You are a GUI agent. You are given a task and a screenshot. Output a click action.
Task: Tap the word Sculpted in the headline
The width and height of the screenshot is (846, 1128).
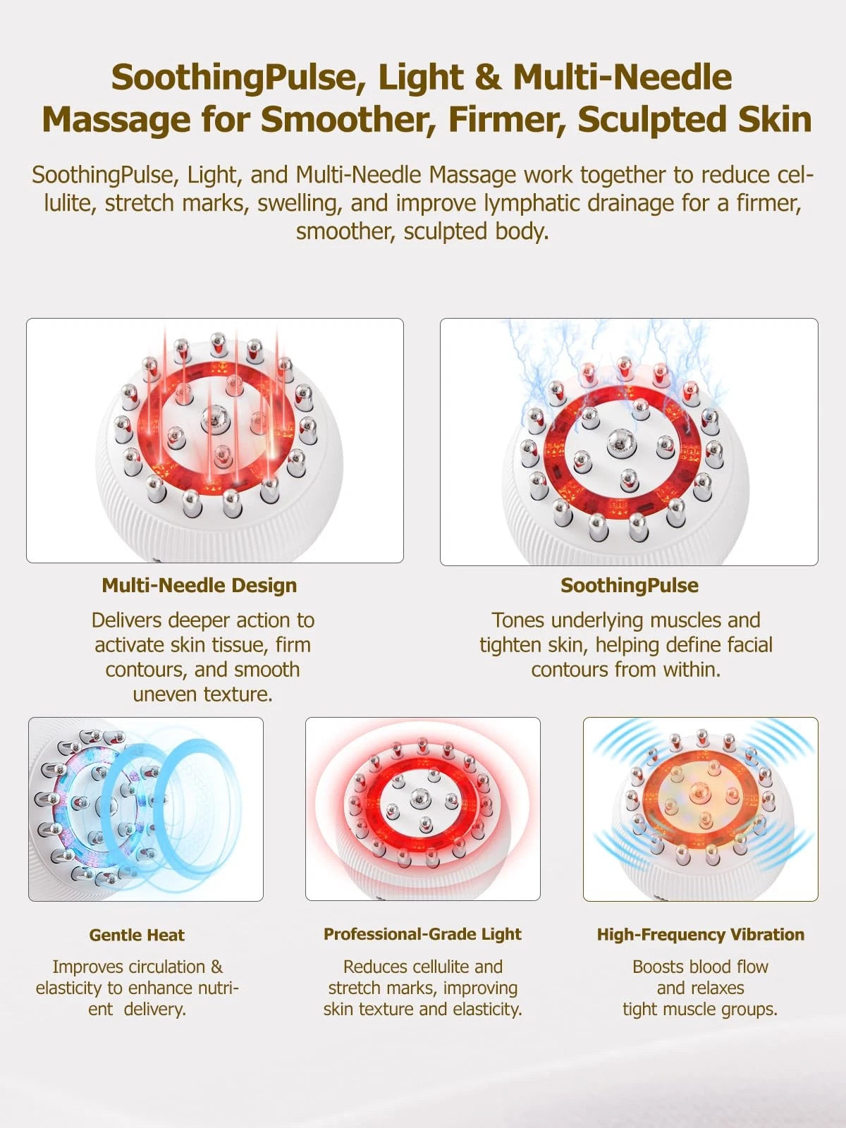651,120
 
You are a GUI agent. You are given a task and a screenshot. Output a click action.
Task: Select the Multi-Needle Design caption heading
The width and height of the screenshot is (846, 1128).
200,585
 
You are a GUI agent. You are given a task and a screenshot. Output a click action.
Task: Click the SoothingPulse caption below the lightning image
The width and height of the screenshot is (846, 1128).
630,585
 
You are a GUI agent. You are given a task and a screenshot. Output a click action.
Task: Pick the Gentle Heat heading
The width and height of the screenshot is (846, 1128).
137,935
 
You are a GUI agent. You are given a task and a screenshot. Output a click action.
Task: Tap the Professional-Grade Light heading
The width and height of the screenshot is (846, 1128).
422,933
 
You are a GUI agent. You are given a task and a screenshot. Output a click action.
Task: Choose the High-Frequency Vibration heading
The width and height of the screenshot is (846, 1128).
701,934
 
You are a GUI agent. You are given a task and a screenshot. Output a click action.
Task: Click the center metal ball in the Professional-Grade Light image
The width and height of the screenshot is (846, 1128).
420,798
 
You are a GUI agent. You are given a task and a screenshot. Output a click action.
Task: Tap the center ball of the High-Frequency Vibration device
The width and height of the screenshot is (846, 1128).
699,790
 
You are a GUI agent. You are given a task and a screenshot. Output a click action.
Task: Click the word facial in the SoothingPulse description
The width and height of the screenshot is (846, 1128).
750,645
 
